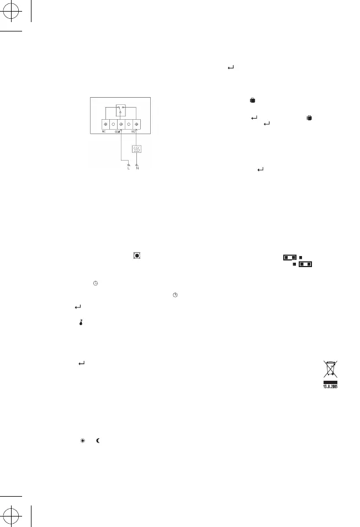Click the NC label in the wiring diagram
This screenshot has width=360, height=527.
click(x=104, y=132)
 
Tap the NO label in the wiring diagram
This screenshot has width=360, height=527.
click(x=133, y=132)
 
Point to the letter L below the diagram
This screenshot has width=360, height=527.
click(x=128, y=168)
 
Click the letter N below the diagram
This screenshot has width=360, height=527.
click(x=137, y=168)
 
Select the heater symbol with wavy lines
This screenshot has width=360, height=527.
click(x=137, y=150)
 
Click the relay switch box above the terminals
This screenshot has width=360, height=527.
click(x=120, y=110)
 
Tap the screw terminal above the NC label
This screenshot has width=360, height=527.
click(x=105, y=125)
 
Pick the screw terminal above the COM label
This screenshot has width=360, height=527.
click(x=120, y=125)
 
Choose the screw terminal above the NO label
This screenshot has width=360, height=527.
click(x=136, y=125)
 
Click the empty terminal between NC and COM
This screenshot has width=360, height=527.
click(x=113, y=125)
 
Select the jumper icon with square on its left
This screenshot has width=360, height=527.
click(x=303, y=264)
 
